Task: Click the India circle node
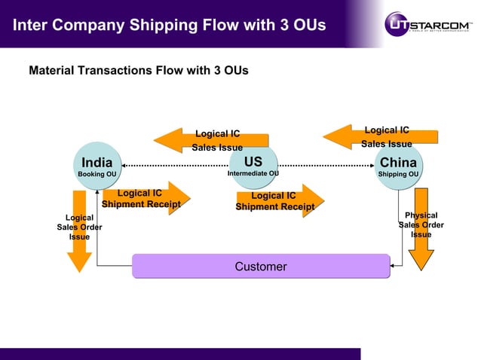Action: tap(97, 165)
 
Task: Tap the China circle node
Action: tap(398, 165)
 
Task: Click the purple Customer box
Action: tap(261, 267)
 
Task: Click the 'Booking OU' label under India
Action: tap(97, 175)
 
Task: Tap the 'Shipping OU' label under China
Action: tap(398, 175)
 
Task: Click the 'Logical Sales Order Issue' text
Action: tap(79, 227)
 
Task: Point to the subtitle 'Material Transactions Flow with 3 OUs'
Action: tap(138, 71)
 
